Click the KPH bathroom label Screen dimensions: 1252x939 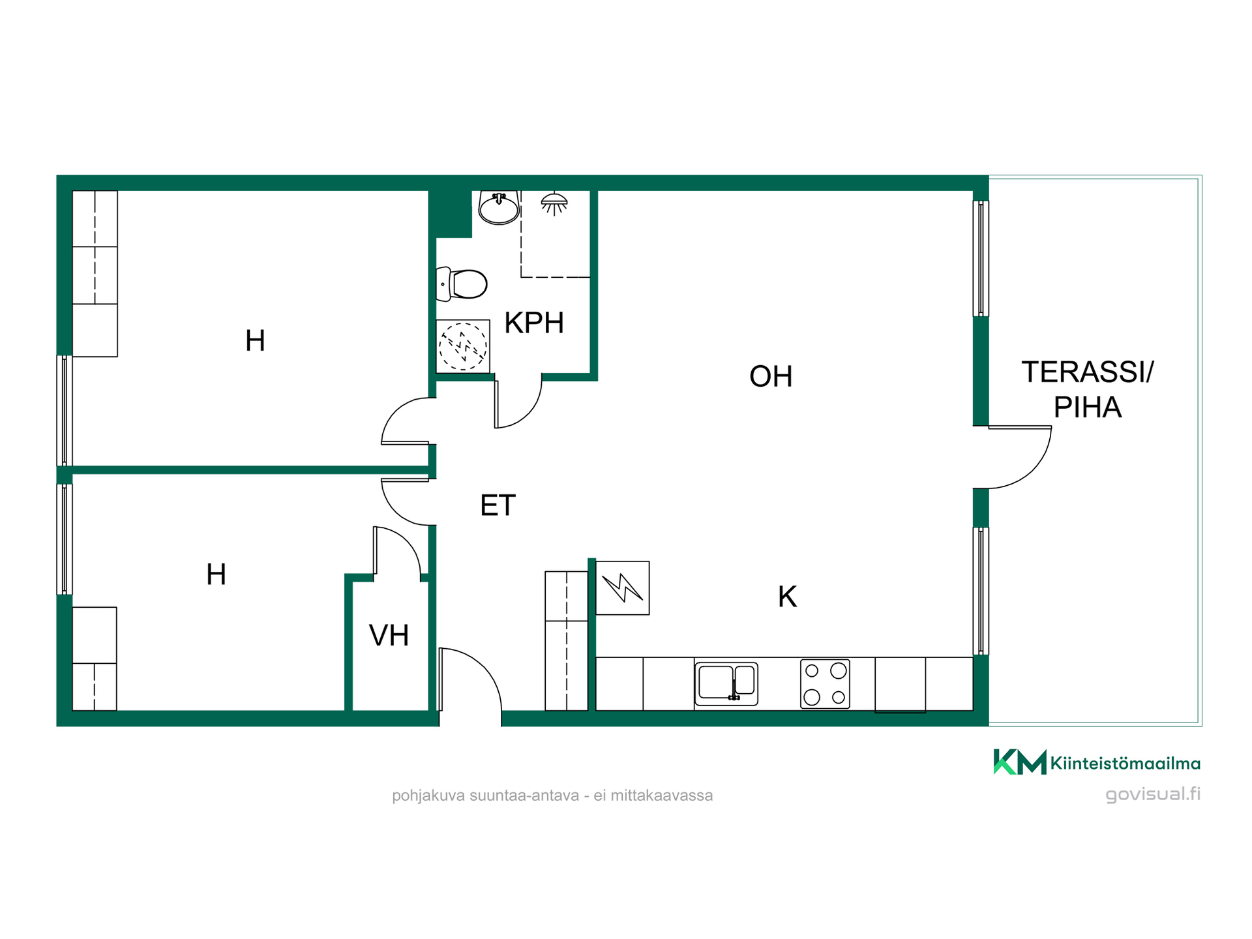point(534,323)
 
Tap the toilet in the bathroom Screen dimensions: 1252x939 point(462,284)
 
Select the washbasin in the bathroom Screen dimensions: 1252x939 point(499,207)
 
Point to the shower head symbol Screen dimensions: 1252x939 point(554,203)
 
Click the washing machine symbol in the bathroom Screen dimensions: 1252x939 point(463,346)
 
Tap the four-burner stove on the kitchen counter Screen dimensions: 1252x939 point(825,684)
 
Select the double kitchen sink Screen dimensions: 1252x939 point(726,683)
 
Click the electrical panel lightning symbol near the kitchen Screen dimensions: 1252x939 point(623,588)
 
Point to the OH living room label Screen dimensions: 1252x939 point(771,376)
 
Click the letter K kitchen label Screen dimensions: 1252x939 point(787,597)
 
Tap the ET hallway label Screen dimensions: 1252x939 point(498,505)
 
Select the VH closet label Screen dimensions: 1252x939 point(389,635)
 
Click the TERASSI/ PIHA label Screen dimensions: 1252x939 point(1087,389)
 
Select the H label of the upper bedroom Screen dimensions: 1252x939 point(255,340)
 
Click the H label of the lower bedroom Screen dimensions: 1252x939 point(216,574)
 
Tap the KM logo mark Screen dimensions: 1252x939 point(1019,762)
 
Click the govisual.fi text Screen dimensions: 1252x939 point(1153,794)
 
